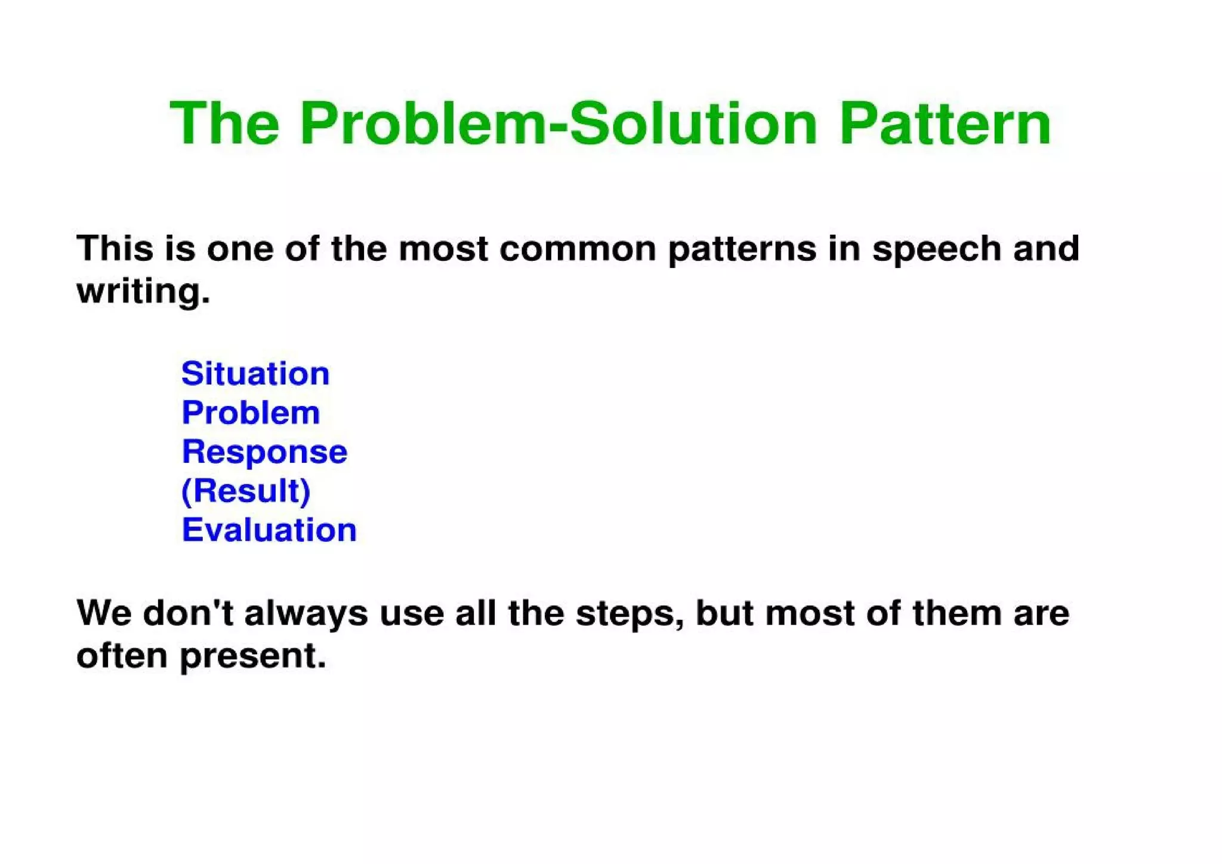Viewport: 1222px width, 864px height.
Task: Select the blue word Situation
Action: pyautogui.click(x=255, y=374)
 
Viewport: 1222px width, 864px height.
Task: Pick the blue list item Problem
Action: pyautogui.click(x=251, y=413)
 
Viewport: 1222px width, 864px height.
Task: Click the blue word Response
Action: pyautogui.click(x=264, y=453)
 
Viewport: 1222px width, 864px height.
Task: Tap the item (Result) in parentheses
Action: pyautogui.click(x=246, y=491)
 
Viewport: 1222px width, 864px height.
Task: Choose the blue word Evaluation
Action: pyautogui.click(x=269, y=530)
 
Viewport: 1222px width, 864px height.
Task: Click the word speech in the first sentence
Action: pyautogui.click(x=936, y=250)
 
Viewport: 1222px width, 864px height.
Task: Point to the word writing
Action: pyautogui.click(x=143, y=291)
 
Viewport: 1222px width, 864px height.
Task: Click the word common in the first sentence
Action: pyautogui.click(x=578, y=248)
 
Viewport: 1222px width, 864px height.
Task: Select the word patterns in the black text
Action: pyautogui.click(x=742, y=250)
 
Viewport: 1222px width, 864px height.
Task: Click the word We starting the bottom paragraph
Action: pyautogui.click(x=104, y=613)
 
